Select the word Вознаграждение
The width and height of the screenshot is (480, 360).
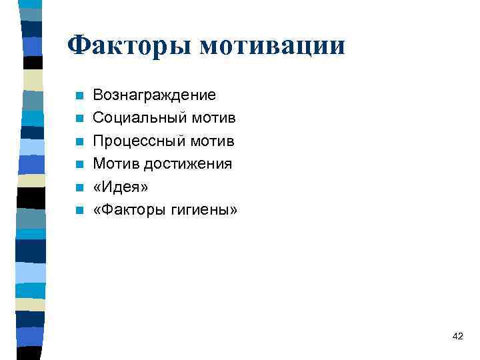coord(154,95)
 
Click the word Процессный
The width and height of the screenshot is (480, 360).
coord(139,141)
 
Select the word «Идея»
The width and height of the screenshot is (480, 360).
coord(121,187)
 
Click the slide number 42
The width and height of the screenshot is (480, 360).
coord(457,335)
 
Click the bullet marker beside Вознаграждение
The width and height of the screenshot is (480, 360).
coord(79,96)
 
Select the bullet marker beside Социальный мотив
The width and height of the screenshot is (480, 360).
coord(79,119)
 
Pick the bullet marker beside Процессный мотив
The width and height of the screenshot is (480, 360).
coord(79,142)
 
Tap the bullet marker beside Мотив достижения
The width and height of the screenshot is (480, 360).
coord(79,165)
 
